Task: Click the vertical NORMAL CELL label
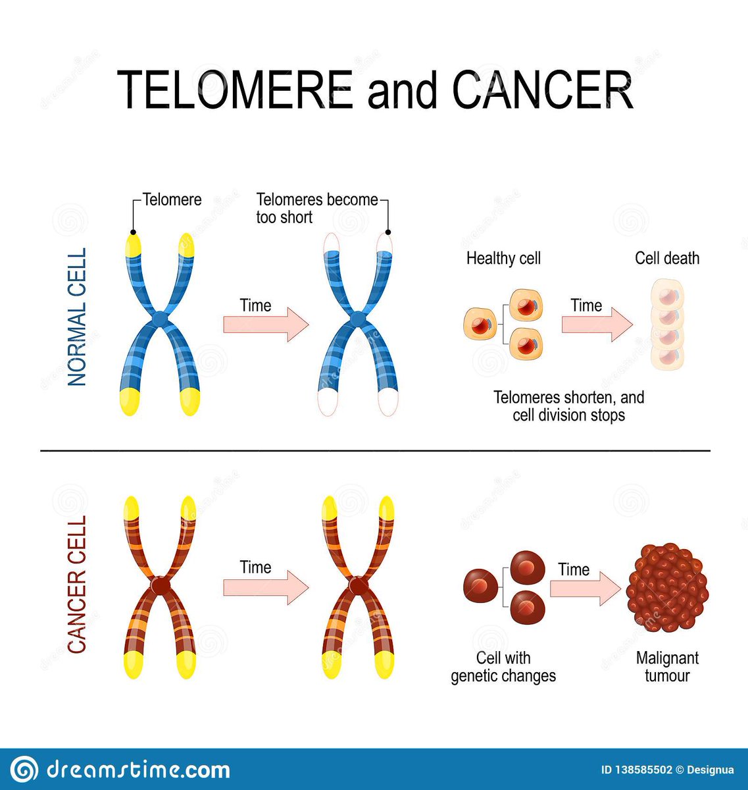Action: pyautogui.click(x=78, y=317)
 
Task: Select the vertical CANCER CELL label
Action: pyautogui.click(x=78, y=584)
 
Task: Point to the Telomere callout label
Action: pyautogui.click(x=172, y=199)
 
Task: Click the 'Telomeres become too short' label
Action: pyautogui.click(x=316, y=207)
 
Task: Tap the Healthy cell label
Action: pyautogui.click(x=503, y=258)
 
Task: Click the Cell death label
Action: pyautogui.click(x=666, y=258)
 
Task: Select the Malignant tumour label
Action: pyautogui.click(x=666, y=666)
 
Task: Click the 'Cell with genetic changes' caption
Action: pyautogui.click(x=503, y=666)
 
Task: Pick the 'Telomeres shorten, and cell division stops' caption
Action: pyautogui.click(x=569, y=406)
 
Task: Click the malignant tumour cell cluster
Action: pyautogui.click(x=666, y=587)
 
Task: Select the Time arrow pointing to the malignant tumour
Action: pyautogui.click(x=584, y=587)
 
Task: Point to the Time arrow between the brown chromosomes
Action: pyautogui.click(x=265, y=587)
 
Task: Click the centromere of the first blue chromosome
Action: pyautogui.click(x=160, y=318)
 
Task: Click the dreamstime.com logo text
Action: pyautogui.click(x=138, y=769)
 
